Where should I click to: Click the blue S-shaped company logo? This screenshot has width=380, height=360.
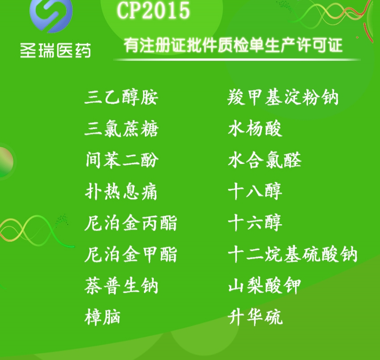tap(51, 15)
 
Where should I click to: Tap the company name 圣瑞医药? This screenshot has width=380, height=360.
tap(55, 50)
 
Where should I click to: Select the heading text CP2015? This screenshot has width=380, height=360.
tap(153, 10)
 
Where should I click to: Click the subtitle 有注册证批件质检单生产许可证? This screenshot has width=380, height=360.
tap(233, 45)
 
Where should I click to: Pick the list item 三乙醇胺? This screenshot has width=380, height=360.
tap(122, 97)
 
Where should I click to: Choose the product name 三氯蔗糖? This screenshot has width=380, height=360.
tap(122, 129)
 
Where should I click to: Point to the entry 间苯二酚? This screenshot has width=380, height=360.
tap(122, 160)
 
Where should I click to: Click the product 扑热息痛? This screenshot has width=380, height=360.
tap(121, 192)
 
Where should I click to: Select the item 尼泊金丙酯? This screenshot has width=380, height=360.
tap(131, 223)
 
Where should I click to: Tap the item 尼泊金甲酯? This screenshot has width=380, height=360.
tap(131, 254)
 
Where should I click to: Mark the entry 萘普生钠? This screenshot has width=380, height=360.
tap(122, 286)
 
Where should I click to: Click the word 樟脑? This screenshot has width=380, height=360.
tap(102, 317)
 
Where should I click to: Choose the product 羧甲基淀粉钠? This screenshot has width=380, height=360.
tap(283, 97)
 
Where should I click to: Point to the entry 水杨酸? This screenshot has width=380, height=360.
tap(255, 128)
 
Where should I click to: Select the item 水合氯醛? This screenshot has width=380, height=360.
tap(265, 160)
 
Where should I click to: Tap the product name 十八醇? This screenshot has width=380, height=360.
tap(255, 191)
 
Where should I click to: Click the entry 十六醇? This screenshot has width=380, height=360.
tap(255, 223)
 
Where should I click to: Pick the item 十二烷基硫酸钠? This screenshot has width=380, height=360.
tap(293, 254)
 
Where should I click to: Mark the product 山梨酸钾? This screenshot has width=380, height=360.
tap(265, 286)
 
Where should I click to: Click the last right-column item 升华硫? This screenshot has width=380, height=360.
tap(255, 317)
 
